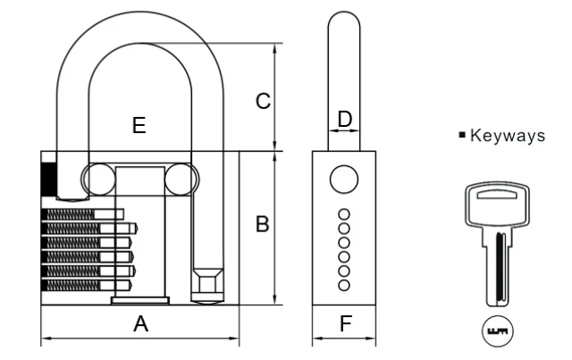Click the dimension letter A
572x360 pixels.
point(140,325)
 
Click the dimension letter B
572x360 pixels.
point(262,224)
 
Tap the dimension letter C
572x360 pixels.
point(263,102)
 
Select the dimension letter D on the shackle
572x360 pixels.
point(345,119)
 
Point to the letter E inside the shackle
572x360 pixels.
point(139,126)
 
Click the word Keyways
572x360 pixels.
point(507,136)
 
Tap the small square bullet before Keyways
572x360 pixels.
point(462,136)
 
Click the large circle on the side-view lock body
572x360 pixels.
point(343,180)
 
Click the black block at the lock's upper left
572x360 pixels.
point(48,178)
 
